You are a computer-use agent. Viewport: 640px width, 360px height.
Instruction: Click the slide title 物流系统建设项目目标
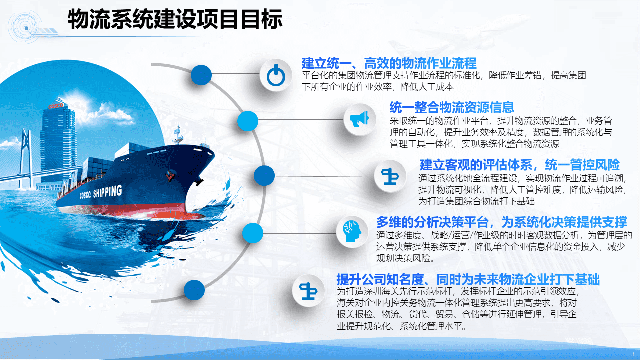pos(175,19)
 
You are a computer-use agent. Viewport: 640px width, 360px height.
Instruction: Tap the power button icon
pos(276,75)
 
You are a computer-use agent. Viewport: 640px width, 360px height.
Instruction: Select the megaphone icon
pos(359,119)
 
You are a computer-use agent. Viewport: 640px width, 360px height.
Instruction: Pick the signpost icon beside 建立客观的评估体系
pos(390,176)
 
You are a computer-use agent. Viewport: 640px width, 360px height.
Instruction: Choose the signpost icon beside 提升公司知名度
pos(308,291)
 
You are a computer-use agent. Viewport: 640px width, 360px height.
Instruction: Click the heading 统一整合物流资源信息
pos(452,107)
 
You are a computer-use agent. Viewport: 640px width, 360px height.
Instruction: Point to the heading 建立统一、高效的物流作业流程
pos(389,63)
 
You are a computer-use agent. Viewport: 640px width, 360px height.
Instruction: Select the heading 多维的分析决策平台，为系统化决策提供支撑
pos(501,222)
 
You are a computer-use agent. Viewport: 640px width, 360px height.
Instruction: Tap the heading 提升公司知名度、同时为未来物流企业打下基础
pos(468,279)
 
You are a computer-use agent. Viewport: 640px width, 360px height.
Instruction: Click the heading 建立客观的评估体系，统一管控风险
pos(520,165)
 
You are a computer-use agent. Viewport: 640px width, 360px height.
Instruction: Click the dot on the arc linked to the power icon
pos(201,75)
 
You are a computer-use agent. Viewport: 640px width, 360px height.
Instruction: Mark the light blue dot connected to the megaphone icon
pos(248,121)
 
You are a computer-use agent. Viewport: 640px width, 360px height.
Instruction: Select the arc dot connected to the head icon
pos(253,233)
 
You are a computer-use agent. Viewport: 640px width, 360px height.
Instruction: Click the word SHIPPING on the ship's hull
pos(107,191)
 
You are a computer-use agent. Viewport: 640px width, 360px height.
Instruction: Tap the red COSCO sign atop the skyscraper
pos(55,106)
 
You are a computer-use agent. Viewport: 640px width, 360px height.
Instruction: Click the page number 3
pos(633,354)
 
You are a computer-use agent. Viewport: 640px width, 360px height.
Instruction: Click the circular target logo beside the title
pos(25,27)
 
